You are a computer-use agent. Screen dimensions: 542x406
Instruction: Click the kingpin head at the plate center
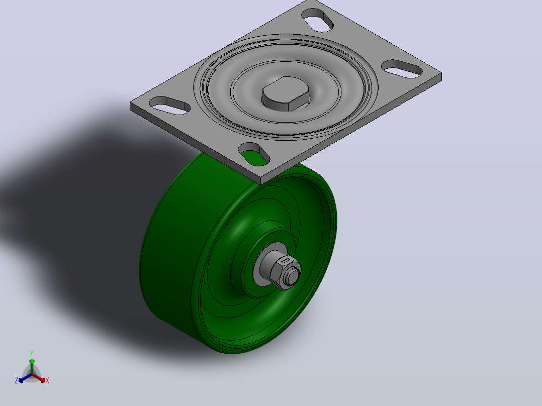point(286,93)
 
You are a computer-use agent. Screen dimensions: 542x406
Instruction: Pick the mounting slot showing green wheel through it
point(254,154)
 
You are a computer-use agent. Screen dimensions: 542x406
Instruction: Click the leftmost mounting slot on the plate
point(169,106)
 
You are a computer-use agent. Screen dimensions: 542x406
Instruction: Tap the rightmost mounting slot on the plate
point(402,69)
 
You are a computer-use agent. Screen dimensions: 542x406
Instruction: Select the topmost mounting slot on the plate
point(318,20)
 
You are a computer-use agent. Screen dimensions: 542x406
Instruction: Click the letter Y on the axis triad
point(32,354)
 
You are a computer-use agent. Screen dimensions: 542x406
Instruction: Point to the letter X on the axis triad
point(47,380)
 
